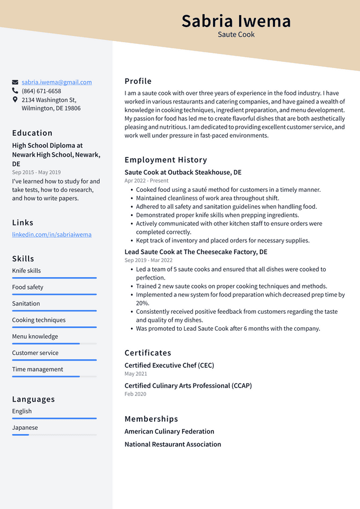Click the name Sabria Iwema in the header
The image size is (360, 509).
click(x=236, y=21)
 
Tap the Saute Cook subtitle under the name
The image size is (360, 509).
click(x=236, y=34)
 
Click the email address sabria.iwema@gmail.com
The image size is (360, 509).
click(x=56, y=82)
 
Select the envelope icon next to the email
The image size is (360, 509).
click(x=15, y=82)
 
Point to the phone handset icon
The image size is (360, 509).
click(x=15, y=91)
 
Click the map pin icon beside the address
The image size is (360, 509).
click(x=15, y=100)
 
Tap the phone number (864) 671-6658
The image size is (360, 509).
click(x=41, y=91)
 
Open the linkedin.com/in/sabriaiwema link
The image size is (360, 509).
click(x=52, y=235)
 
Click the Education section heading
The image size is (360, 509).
click(x=32, y=133)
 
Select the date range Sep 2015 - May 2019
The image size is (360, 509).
click(x=36, y=172)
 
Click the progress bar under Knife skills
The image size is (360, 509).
click(x=54, y=278)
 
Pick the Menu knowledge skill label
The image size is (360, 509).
click(x=35, y=336)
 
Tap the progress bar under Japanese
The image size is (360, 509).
click(x=54, y=435)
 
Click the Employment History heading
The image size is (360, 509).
click(x=165, y=160)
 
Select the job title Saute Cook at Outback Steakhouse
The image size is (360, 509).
click(x=183, y=172)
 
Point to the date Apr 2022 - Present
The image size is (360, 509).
click(x=146, y=181)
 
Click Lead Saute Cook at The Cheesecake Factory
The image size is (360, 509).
click(x=196, y=252)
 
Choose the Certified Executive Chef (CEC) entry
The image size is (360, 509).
click(x=169, y=365)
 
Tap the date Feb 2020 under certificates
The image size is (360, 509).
click(x=135, y=394)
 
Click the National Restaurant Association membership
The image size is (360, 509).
click(x=172, y=444)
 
